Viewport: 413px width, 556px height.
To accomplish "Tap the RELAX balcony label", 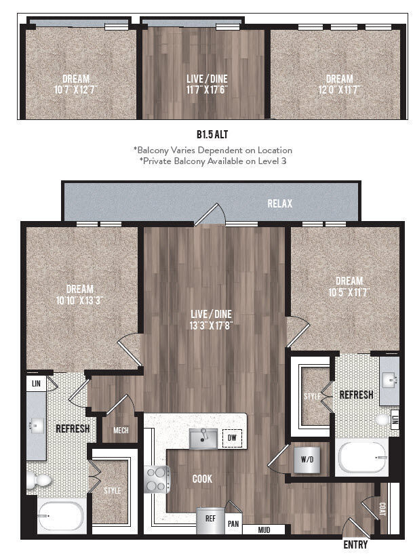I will pos(279,203).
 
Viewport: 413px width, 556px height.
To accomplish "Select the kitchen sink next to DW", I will pos(203,439).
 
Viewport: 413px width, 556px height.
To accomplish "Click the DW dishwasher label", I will pos(232,439).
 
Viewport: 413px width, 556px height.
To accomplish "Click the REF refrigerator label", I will pos(210,517).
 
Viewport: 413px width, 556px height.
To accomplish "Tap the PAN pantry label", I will pos(233,524).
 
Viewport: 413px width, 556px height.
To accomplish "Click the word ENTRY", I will pos(355,544).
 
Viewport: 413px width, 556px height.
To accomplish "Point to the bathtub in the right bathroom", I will pos(363,459).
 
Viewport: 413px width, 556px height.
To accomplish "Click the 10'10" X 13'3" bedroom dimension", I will pos(79,300).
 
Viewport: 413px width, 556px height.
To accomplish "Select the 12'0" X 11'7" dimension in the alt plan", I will pos(339,89).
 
